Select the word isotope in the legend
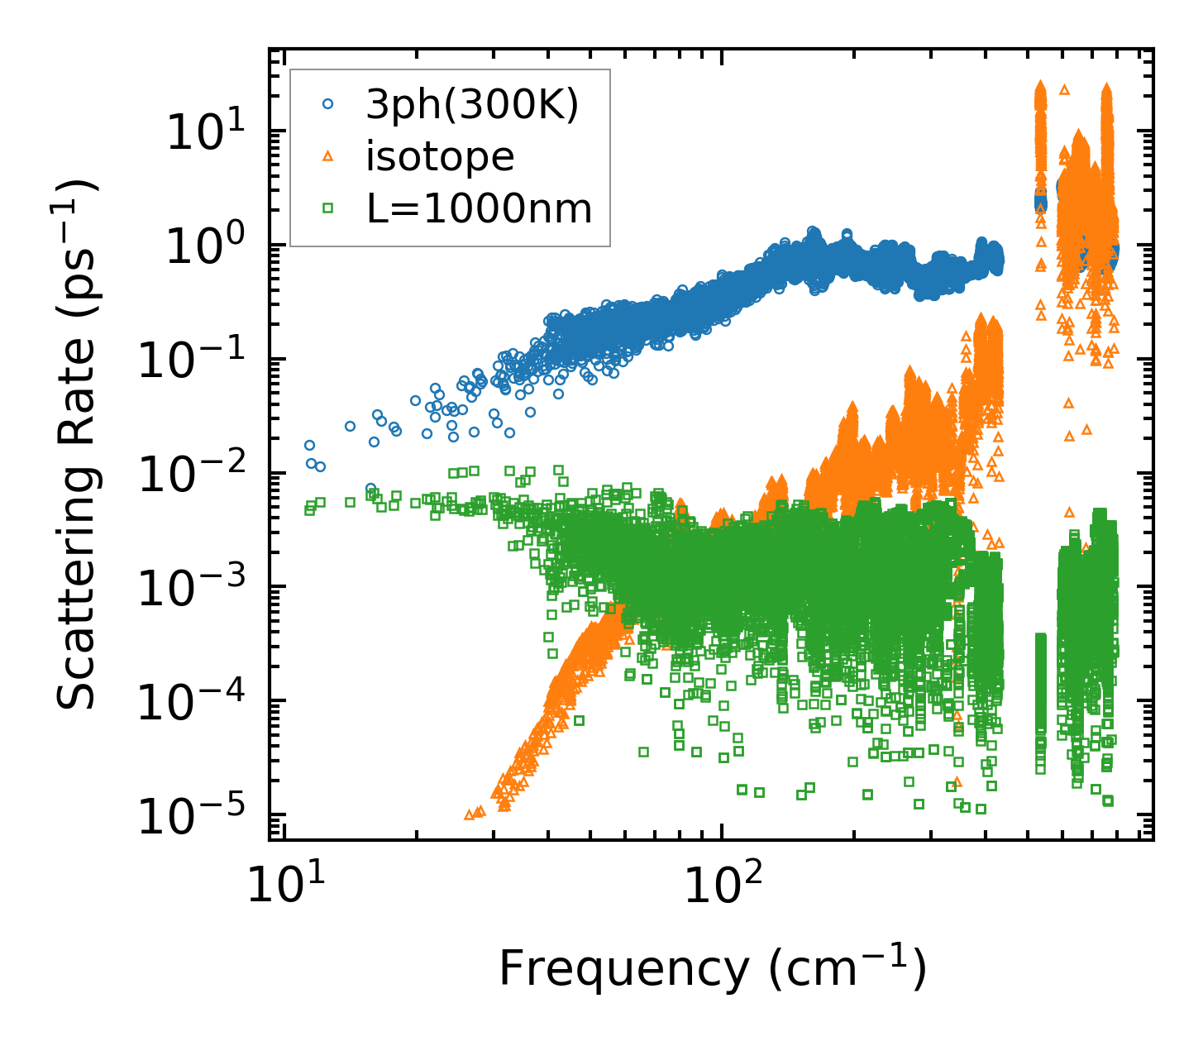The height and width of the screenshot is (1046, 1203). click(440, 157)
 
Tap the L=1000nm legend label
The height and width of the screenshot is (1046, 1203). click(480, 209)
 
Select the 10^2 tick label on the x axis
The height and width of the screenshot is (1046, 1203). click(722, 887)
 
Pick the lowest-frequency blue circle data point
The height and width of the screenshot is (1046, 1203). click(309, 445)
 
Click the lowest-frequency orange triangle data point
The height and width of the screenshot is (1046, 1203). click(469, 814)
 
